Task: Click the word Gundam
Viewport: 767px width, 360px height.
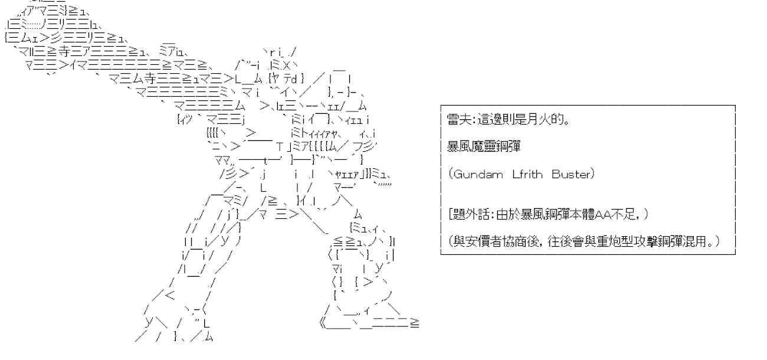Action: [x=478, y=174]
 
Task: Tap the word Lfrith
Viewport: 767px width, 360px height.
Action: [x=527, y=174]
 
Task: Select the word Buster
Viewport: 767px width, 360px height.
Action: [x=571, y=174]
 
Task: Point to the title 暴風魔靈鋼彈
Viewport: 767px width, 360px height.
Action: [x=483, y=146]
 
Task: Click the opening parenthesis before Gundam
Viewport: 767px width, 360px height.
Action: [x=450, y=174]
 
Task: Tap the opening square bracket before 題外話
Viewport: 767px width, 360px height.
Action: [x=450, y=215]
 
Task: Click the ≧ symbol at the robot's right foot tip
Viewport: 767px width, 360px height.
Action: [x=415, y=323]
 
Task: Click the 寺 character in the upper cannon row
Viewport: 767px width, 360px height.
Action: [x=65, y=52]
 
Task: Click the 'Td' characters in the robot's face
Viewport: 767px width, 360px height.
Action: [x=291, y=79]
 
